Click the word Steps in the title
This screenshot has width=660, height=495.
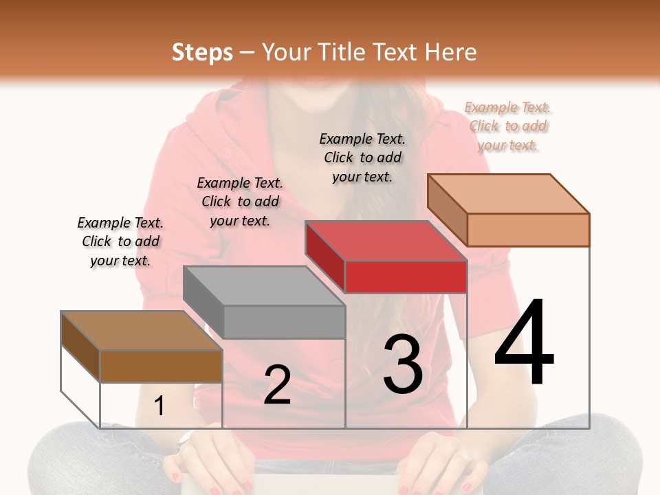(202, 52)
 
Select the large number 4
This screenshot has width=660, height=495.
(524, 343)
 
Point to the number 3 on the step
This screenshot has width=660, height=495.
(402, 364)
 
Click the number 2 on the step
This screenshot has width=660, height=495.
(277, 385)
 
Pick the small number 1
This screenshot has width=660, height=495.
(159, 406)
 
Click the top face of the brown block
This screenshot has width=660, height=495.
(142, 331)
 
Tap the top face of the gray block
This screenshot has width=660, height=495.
(264, 286)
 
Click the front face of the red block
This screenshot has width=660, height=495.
(406, 277)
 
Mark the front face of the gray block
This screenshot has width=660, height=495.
(284, 322)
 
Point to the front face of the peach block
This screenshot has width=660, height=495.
(528, 230)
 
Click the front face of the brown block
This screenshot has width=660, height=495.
(161, 366)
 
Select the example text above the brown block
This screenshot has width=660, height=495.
(120, 242)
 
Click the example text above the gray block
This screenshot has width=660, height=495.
(240, 202)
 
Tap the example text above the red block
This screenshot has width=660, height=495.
(362, 157)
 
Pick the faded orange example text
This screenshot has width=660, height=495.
(508, 126)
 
